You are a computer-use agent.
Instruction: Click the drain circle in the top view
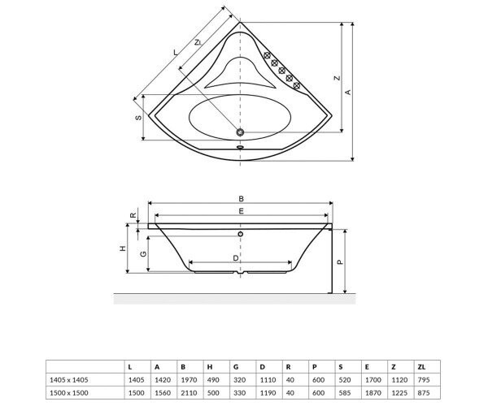pyautogui.click(x=240, y=132)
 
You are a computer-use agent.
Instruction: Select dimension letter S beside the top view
pyautogui.click(x=138, y=118)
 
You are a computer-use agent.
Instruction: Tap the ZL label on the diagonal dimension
pyautogui.click(x=198, y=42)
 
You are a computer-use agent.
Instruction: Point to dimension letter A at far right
pyautogui.click(x=348, y=93)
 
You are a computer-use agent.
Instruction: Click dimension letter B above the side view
pyautogui.click(x=241, y=198)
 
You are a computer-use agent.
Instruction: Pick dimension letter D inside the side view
pyautogui.click(x=236, y=258)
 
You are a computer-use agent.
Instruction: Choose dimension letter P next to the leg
pyautogui.click(x=340, y=262)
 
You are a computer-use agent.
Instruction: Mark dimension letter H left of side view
pyautogui.click(x=124, y=248)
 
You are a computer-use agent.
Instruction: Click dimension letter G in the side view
pyautogui.click(x=143, y=254)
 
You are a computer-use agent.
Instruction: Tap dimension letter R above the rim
pyautogui.click(x=133, y=215)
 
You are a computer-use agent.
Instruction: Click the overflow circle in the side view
pyautogui.click(x=241, y=234)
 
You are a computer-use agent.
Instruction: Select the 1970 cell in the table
pyautogui.click(x=189, y=380)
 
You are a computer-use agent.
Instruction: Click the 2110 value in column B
pyautogui.click(x=189, y=393)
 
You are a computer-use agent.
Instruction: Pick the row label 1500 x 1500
pyautogui.click(x=69, y=393)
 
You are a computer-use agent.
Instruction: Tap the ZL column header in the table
pyautogui.click(x=421, y=367)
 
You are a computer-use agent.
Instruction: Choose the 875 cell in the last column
pyautogui.click(x=424, y=393)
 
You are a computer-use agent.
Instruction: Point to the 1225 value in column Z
pyautogui.click(x=399, y=393)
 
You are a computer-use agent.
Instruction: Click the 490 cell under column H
pyautogui.click(x=213, y=380)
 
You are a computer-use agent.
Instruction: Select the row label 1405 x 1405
pyautogui.click(x=69, y=380)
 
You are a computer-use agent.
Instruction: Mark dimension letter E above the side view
pyautogui.click(x=242, y=211)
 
